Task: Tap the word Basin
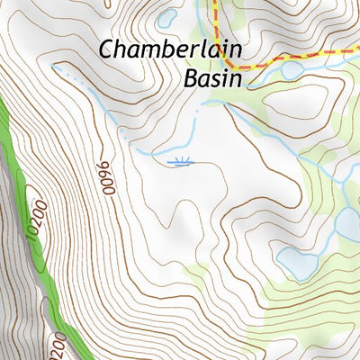click(x=213, y=78)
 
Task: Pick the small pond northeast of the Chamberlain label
click(x=166, y=18)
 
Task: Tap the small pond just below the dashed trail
click(x=291, y=69)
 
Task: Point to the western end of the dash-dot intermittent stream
click(x=56, y=67)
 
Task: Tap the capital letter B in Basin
click(x=191, y=78)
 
